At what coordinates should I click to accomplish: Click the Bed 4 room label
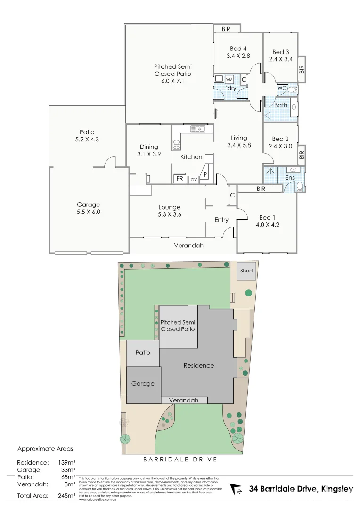pyautogui.click(x=238, y=49)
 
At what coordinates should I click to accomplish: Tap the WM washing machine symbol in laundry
pyautogui.click(x=229, y=79)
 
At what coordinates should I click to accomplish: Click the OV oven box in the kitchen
pyautogui.click(x=194, y=180)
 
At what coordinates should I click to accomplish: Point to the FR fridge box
pyautogui.click(x=180, y=179)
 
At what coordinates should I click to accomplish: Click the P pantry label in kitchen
pyautogui.click(x=205, y=175)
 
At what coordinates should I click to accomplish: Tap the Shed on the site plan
pyautogui.click(x=246, y=271)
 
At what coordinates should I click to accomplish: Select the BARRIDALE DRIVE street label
pyautogui.click(x=180, y=459)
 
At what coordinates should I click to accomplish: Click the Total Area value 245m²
pyautogui.click(x=66, y=495)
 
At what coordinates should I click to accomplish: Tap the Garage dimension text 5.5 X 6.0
pyautogui.click(x=89, y=212)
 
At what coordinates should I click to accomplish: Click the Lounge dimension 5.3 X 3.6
pyautogui.click(x=169, y=215)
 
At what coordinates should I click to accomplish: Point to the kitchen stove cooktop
pyautogui.click(x=176, y=144)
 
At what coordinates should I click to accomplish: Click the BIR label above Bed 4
pyautogui.click(x=226, y=29)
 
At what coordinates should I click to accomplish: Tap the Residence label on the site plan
pyautogui.click(x=198, y=365)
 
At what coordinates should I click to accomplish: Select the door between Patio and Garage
pyautogui.click(x=110, y=162)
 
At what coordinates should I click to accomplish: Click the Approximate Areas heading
pyautogui.click(x=45, y=449)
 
